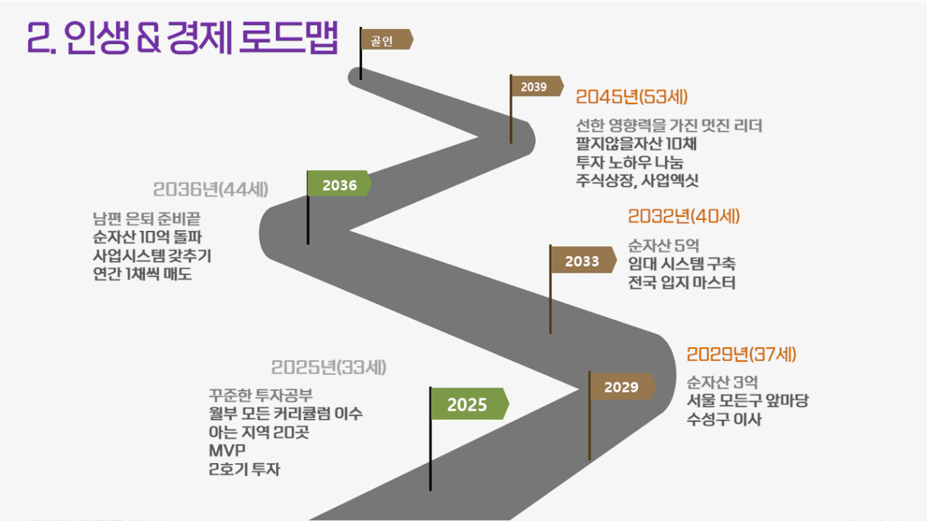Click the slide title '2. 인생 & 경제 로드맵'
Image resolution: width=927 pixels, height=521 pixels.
pyautogui.click(x=182, y=38)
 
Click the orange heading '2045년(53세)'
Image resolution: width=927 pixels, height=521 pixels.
pyautogui.click(x=632, y=97)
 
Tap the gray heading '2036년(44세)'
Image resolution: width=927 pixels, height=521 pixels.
pyautogui.click(x=210, y=190)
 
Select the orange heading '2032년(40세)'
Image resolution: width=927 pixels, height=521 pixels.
pyautogui.click(x=684, y=216)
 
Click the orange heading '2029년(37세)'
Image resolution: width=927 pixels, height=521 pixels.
pyautogui.click(x=742, y=354)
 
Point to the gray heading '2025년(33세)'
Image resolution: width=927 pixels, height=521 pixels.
pyautogui.click(x=329, y=367)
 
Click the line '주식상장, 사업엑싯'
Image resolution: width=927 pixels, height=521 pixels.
pyautogui.click(x=637, y=181)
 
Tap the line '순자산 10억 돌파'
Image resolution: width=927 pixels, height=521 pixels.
pyautogui.click(x=147, y=237)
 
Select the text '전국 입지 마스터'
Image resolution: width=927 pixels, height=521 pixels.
pyautogui.click(x=682, y=283)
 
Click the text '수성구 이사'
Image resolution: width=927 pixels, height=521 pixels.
pyautogui.click(x=724, y=419)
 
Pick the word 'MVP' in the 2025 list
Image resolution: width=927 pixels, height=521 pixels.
pyautogui.click(x=227, y=450)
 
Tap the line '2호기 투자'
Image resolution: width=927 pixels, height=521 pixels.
pyautogui.click(x=245, y=469)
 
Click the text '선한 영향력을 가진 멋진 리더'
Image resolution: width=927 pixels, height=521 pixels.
pyautogui.click(x=669, y=125)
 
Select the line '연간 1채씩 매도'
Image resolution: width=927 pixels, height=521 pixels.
pyautogui.click(x=143, y=273)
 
